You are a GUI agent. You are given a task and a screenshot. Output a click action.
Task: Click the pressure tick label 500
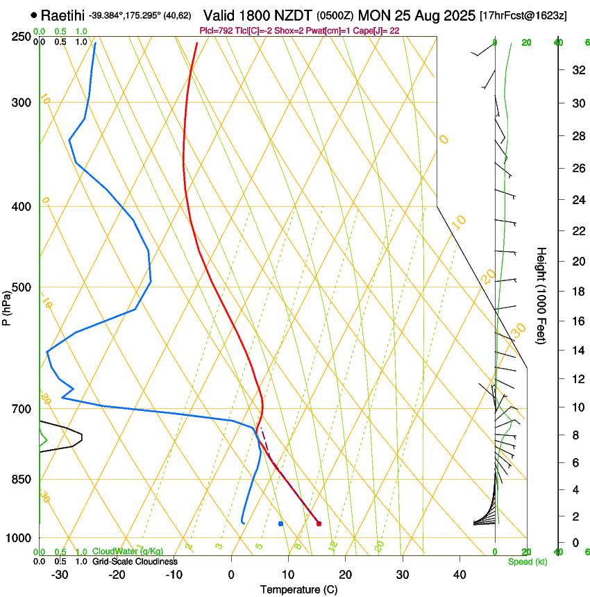tap(22, 287)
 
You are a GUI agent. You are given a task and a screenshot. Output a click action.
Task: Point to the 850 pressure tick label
tap(22, 479)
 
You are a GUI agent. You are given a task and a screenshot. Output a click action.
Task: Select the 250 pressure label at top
tap(22, 36)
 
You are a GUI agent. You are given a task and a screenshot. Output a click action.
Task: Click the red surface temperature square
tap(319, 523)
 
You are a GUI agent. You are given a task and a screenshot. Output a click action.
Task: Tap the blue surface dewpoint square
tap(280, 523)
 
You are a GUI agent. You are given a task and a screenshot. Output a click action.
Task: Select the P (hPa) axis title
tap(6, 305)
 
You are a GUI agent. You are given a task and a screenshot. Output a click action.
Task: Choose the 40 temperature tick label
tap(459, 575)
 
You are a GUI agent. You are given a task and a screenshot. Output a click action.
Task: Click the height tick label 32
tap(575, 70)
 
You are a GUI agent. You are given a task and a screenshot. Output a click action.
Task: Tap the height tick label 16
tap(575, 321)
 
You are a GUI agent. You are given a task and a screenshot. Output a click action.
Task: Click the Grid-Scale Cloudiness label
tap(135, 562)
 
